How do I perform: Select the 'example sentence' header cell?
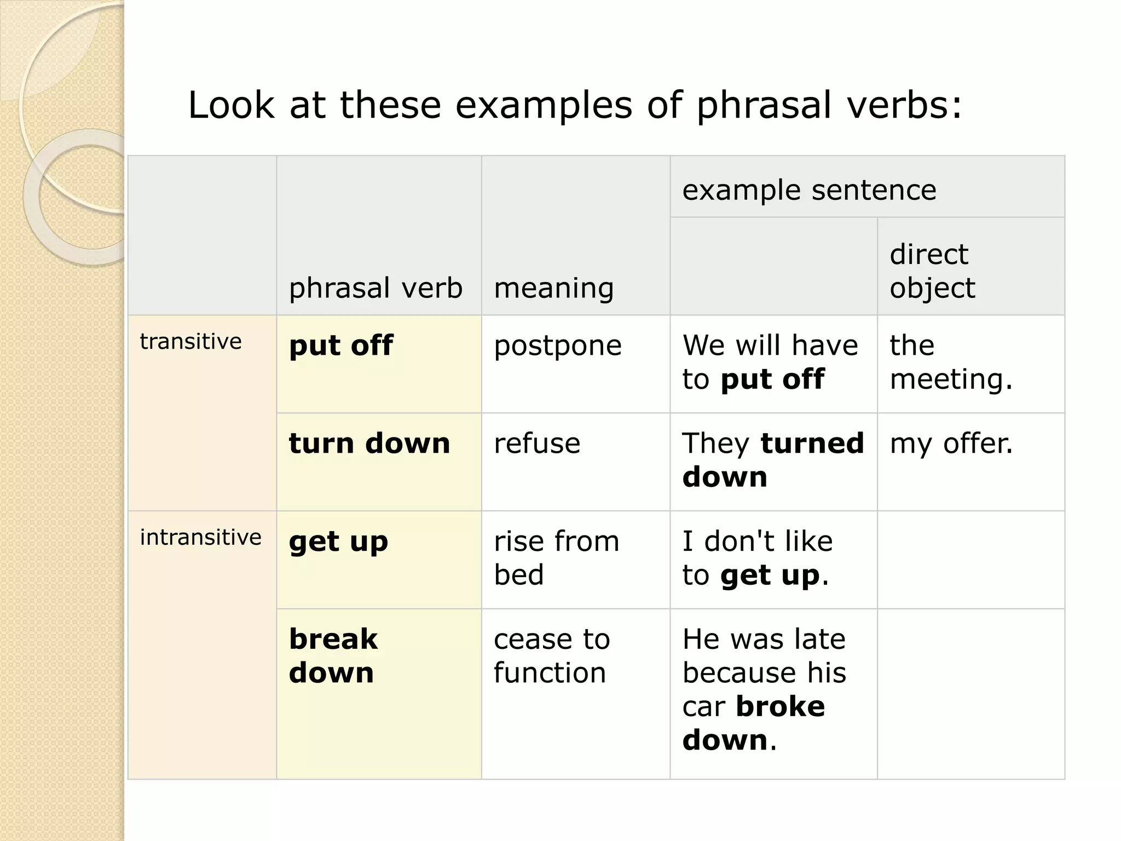point(809,191)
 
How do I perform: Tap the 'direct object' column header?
point(932,271)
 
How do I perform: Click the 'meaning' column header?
point(553,288)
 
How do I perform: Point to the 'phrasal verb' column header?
point(375,288)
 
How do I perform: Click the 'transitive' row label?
point(190,342)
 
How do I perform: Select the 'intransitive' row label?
point(200,538)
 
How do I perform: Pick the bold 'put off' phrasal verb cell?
point(340,346)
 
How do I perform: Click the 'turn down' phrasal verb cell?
point(369,443)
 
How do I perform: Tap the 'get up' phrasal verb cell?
point(338,542)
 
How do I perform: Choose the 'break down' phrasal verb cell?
point(333,655)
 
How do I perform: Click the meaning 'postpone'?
point(557,346)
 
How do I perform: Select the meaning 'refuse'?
point(536,443)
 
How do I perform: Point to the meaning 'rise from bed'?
point(556,558)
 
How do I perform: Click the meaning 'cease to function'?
point(551,655)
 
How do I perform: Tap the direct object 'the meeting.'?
point(951,362)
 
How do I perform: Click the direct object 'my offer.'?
point(951,443)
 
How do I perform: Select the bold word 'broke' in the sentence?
point(780,706)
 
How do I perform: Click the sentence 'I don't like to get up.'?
point(757,558)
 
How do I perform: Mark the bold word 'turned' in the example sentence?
point(812,443)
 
